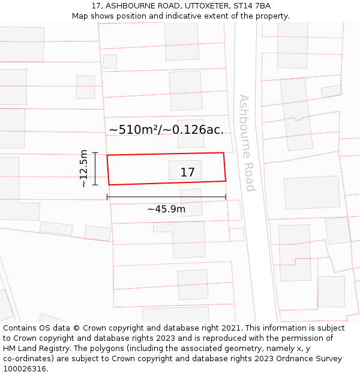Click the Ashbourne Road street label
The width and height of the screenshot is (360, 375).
(247, 142)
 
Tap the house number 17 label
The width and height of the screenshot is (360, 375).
(187, 173)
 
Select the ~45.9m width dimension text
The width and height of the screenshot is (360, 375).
(166, 209)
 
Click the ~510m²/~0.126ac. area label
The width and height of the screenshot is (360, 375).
(166, 130)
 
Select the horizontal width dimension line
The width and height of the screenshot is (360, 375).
(166, 197)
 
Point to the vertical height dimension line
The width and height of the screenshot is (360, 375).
(95, 169)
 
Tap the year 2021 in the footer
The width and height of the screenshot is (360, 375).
(230, 328)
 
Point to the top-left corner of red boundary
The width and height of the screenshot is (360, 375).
(107, 155)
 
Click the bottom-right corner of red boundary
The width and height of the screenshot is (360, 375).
(226, 181)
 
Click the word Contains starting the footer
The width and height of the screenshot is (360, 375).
(20, 328)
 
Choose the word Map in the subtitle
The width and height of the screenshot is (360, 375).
(80, 16)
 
